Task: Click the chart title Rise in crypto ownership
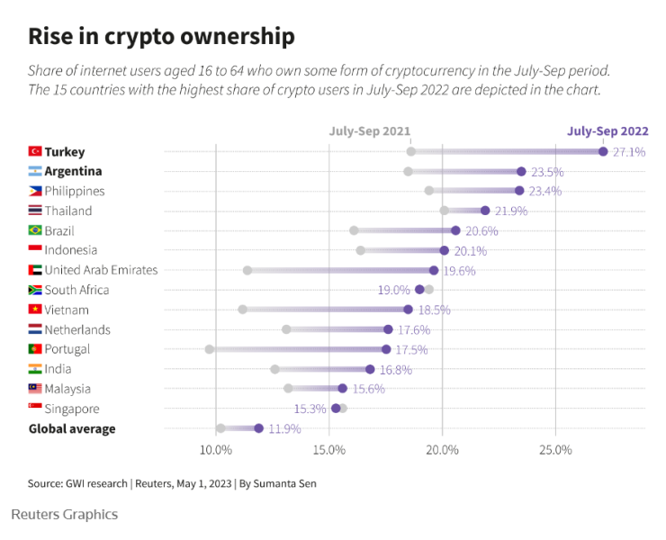point(161,36)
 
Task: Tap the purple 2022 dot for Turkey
point(603,151)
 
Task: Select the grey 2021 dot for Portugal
point(210,349)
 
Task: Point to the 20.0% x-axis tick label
point(442,450)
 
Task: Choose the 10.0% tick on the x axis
point(216,450)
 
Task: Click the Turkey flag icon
point(35,151)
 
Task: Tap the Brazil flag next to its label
point(35,230)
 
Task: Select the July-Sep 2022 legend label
point(607,131)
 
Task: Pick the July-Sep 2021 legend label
point(370,131)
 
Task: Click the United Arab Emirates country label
point(101,270)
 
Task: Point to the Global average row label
point(72,428)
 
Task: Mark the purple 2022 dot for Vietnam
point(408,310)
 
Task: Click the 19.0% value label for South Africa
point(394,290)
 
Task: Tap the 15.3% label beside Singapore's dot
point(310,409)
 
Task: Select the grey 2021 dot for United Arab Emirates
point(247,270)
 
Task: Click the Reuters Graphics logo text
point(64,515)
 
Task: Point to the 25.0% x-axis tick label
point(555,450)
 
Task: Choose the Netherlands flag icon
point(35,329)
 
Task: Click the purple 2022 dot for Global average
point(259,428)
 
